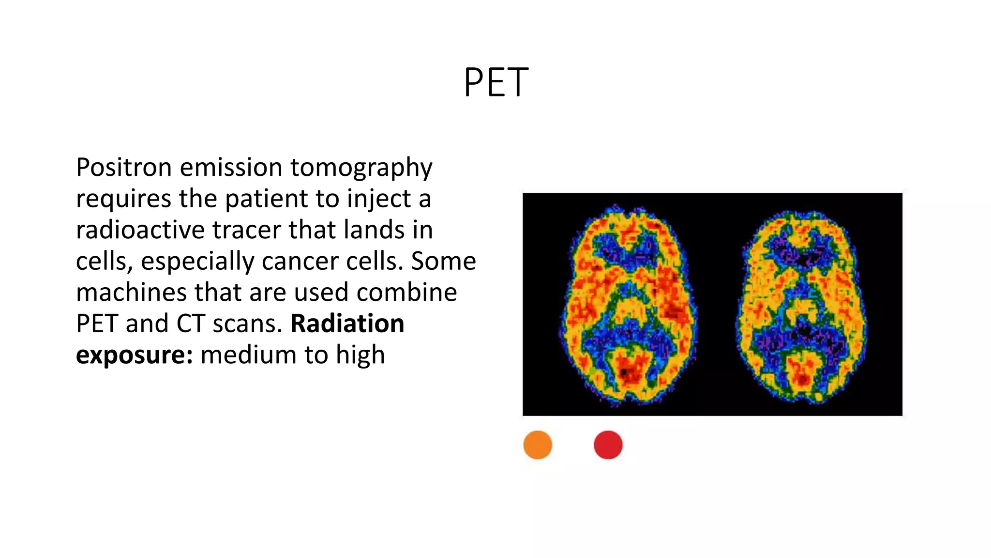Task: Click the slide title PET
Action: (495, 83)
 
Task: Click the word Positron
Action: (124, 168)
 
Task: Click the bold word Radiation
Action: (347, 324)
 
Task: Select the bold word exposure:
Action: (134, 356)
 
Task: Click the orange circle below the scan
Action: (538, 445)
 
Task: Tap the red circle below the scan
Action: (608, 445)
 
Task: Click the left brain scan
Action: (629, 305)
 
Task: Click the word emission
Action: (231, 168)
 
